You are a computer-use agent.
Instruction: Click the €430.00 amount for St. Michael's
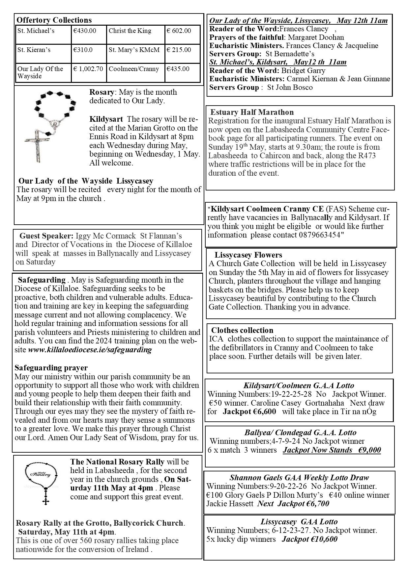click(x=85, y=31)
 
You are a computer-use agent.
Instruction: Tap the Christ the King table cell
click(x=130, y=31)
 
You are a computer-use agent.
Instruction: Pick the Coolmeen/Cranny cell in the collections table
click(x=134, y=69)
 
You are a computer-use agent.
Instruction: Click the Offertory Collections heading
click(x=54, y=20)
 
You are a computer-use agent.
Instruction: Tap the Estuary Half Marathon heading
click(x=252, y=113)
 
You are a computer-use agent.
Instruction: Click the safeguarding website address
click(x=90, y=349)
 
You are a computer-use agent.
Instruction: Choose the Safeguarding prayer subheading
click(x=51, y=368)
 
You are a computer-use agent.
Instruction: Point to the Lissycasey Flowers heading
click(x=248, y=255)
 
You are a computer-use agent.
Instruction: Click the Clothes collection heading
click(x=242, y=330)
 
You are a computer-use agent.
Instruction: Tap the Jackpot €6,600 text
click(x=249, y=412)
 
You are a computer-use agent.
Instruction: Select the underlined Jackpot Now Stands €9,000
click(x=332, y=450)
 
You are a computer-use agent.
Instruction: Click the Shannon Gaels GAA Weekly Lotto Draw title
click(x=299, y=478)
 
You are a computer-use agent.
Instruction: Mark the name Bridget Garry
click(x=303, y=71)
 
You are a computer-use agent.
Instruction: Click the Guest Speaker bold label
click(x=46, y=236)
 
